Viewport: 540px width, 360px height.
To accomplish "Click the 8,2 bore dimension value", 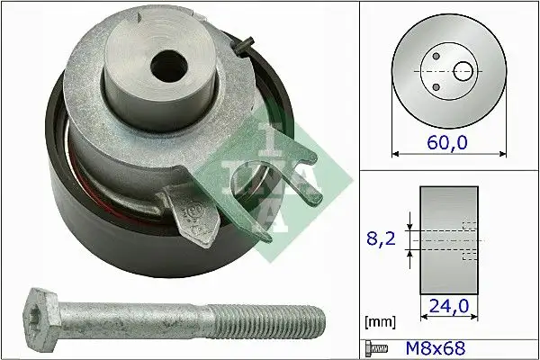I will (382, 239).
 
